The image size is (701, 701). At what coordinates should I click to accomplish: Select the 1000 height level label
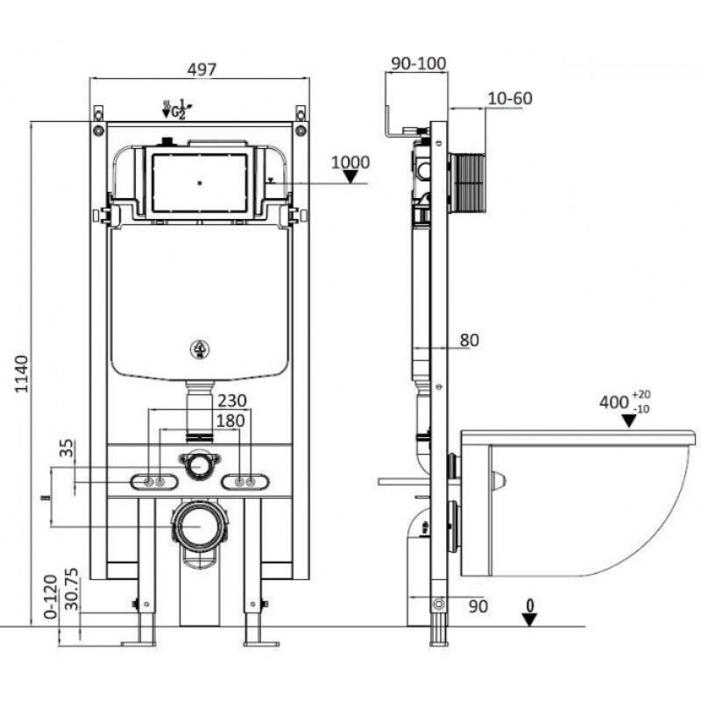[x=350, y=162]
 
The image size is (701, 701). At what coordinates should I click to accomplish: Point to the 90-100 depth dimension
[x=417, y=62]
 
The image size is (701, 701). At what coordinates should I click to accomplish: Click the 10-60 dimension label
[x=509, y=98]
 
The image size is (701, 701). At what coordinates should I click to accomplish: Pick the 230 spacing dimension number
[x=231, y=400]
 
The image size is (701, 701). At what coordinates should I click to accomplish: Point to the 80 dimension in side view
[x=469, y=340]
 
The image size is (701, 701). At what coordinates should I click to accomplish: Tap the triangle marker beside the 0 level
[x=528, y=619]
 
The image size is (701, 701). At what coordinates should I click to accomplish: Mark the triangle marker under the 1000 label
[x=351, y=177]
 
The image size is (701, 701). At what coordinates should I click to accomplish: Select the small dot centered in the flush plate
[x=200, y=184]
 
